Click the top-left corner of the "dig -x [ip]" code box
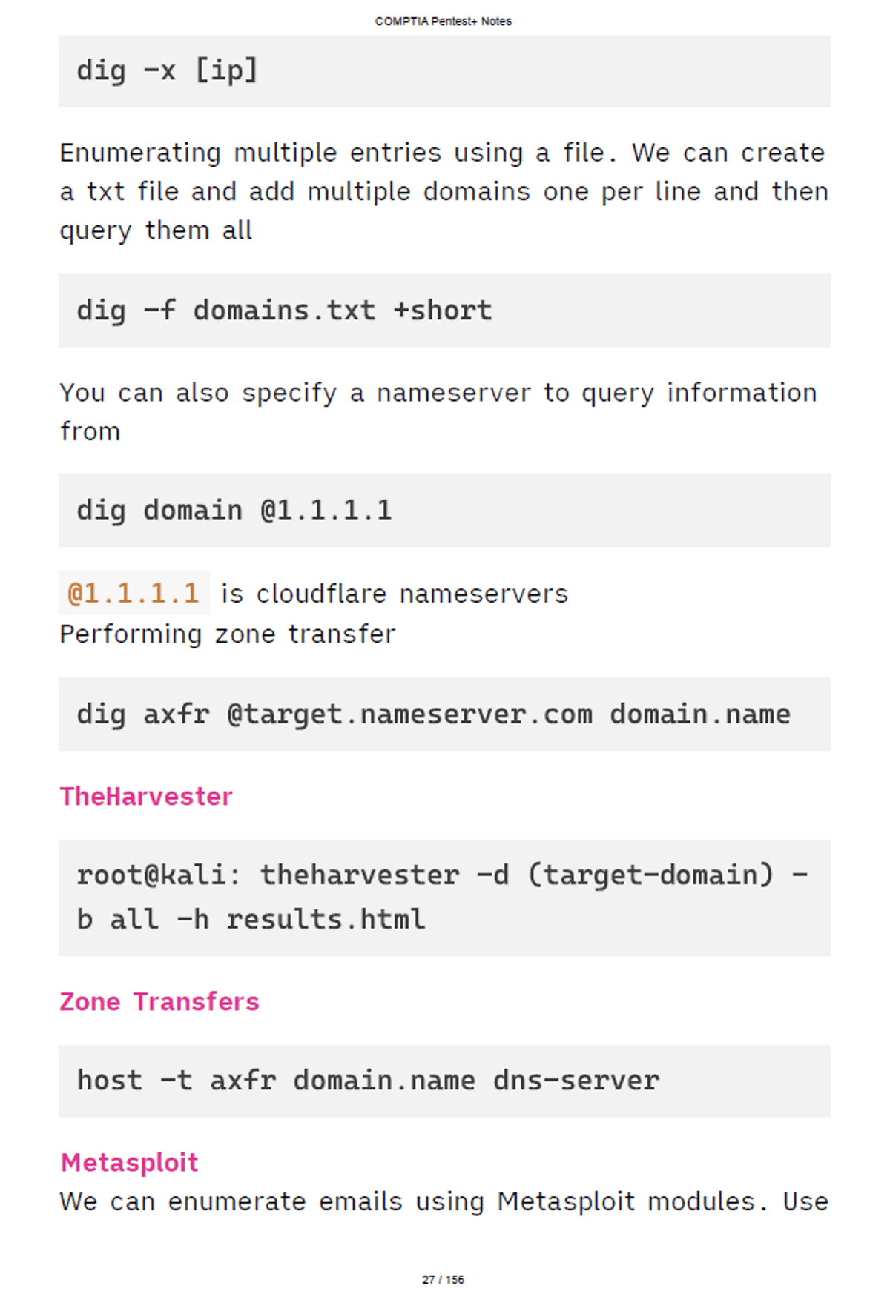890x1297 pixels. [x=59, y=35]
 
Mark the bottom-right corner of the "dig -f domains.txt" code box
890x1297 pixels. [x=831, y=347]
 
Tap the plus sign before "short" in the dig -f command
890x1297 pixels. [x=401, y=311]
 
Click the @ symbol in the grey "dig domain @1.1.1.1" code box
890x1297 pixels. [x=268, y=511]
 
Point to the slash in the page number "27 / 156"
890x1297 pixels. [x=440, y=1279]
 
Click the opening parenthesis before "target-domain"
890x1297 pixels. [x=535, y=875]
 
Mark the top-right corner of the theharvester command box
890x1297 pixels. [x=831, y=840]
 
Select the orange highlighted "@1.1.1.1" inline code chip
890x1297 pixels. [x=134, y=593]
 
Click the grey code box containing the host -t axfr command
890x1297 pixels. [x=444, y=1081]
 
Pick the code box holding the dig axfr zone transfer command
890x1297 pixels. [x=444, y=714]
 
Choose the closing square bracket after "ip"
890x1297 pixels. [x=250, y=70]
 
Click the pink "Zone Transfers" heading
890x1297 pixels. [x=159, y=1001]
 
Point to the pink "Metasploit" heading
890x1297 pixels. [x=129, y=1162]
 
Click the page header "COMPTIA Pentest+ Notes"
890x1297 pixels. [x=444, y=21]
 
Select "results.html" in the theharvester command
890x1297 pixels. [x=326, y=920]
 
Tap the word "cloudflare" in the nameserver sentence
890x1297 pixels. [x=322, y=594]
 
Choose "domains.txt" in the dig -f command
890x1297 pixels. [x=285, y=311]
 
